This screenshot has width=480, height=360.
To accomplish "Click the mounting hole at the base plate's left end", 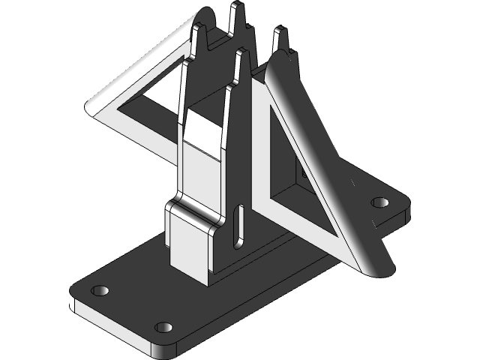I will click(100, 289).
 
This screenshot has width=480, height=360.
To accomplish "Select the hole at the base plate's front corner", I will click(163, 328).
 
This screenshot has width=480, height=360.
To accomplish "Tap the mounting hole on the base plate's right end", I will click(380, 202).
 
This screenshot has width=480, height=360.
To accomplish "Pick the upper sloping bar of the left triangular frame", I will click(142, 64).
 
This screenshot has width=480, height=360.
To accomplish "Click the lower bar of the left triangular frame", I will click(142, 127).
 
